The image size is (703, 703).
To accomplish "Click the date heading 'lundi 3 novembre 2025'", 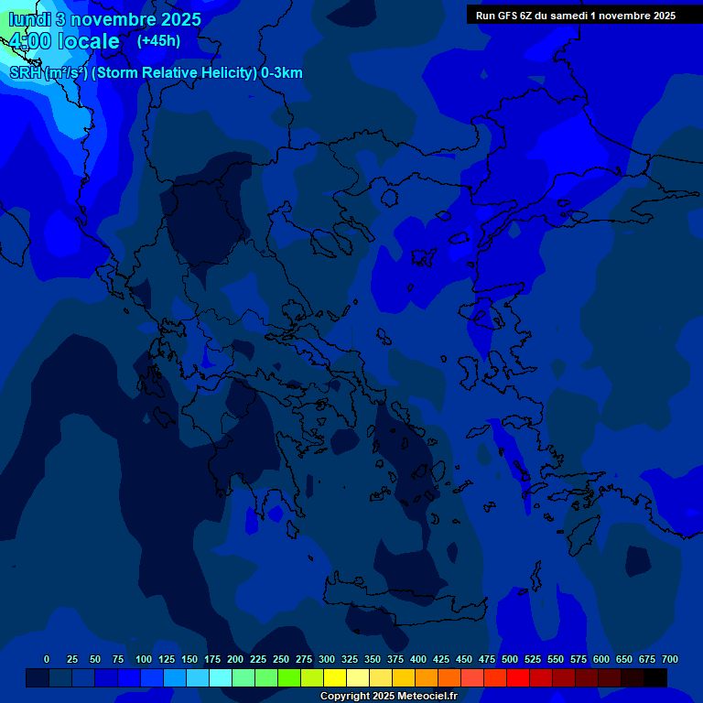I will click(x=104, y=19).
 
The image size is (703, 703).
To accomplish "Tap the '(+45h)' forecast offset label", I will click(x=158, y=41).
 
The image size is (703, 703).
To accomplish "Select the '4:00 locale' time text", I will click(x=64, y=42).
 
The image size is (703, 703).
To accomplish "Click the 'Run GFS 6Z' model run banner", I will click(x=576, y=16).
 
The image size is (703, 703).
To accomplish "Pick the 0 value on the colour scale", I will click(x=47, y=660).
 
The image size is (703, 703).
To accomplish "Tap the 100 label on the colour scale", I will click(x=144, y=660).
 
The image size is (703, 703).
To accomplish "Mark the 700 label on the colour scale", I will click(x=670, y=660).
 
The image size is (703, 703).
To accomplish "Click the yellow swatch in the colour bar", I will click(x=335, y=678).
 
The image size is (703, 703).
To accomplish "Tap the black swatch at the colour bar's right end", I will click(x=655, y=678).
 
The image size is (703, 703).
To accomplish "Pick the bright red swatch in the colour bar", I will click(x=518, y=678).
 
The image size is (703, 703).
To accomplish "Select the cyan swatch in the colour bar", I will click(x=221, y=678).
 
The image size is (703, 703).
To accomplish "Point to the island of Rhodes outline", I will click(x=584, y=527).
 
